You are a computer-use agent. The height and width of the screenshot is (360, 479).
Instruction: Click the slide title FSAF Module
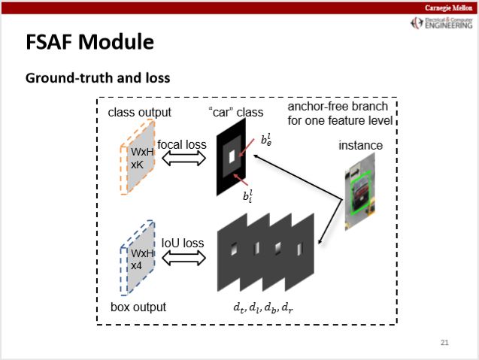click(90, 41)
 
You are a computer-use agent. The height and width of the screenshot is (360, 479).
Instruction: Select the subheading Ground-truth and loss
click(98, 77)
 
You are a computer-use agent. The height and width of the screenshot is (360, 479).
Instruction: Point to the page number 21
click(444, 343)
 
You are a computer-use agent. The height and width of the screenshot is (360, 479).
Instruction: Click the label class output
click(140, 113)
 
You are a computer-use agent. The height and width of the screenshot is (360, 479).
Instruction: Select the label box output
click(138, 307)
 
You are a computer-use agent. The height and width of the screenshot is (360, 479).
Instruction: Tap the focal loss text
click(181, 144)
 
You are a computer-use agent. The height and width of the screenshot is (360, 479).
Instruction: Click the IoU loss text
click(183, 243)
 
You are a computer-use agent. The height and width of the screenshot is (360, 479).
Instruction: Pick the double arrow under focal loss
click(183, 158)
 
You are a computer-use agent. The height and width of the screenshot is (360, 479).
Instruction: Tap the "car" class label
click(236, 113)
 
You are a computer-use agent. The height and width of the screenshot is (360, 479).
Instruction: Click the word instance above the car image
click(359, 145)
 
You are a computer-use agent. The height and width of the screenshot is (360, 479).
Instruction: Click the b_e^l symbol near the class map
click(266, 138)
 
